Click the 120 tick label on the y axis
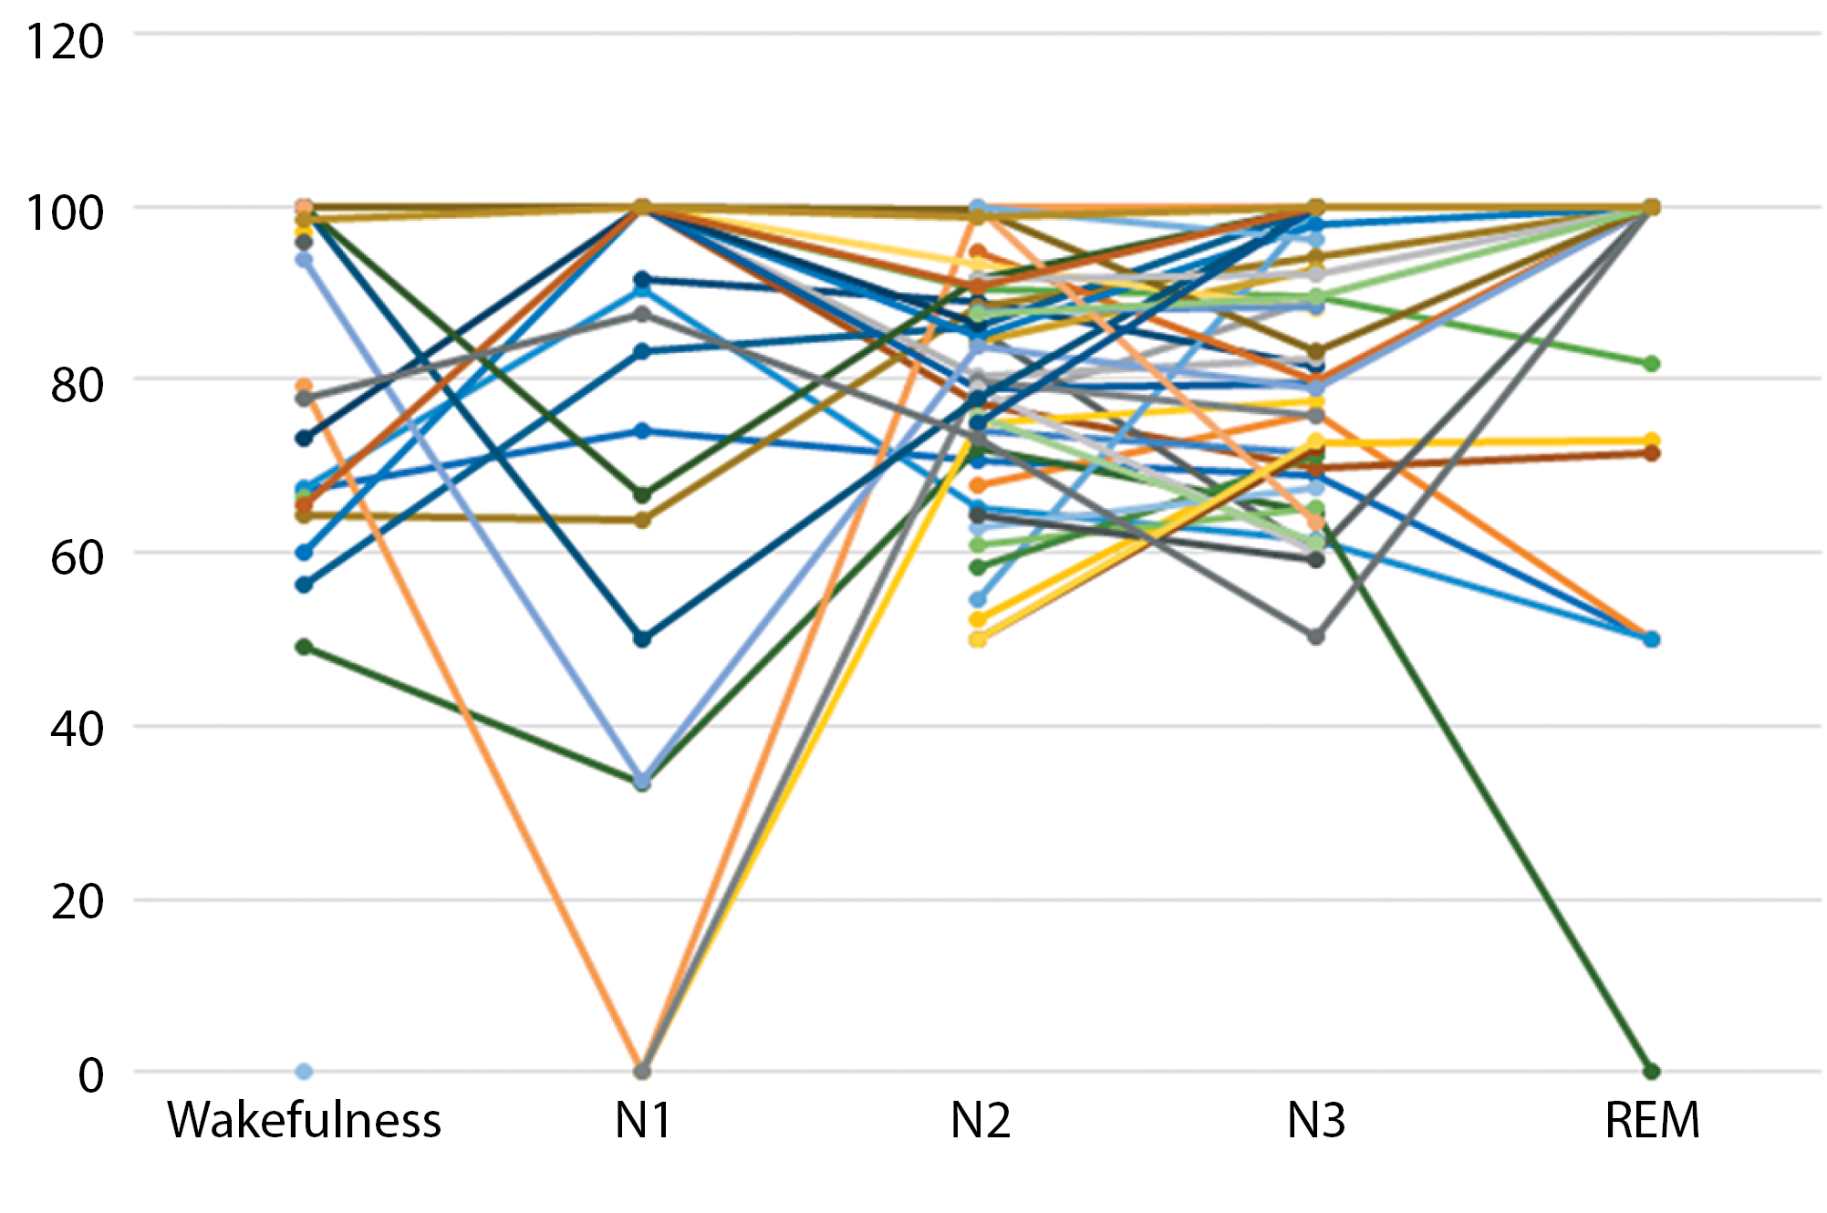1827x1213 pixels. (x=64, y=42)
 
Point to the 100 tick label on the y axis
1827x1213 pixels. (x=64, y=213)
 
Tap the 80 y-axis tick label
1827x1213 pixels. (x=77, y=385)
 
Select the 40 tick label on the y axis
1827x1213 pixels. (x=77, y=730)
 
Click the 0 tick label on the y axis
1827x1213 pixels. (x=90, y=1075)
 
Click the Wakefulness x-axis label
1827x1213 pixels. (x=304, y=1120)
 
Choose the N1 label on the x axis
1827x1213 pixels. (x=643, y=1120)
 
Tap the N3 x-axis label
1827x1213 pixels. (x=1315, y=1120)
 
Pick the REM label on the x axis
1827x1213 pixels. (x=1652, y=1120)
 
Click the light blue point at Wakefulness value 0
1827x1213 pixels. (x=305, y=1072)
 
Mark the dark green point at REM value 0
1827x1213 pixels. (x=1652, y=1072)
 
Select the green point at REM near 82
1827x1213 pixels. (x=1652, y=364)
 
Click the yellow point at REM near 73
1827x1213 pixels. (x=1652, y=441)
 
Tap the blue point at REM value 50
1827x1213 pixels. (x=1652, y=639)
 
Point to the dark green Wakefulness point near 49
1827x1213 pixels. (x=305, y=648)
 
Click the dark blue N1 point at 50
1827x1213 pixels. (x=643, y=639)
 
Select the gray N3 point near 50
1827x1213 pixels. (x=1316, y=637)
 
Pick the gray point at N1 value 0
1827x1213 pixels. (x=643, y=1072)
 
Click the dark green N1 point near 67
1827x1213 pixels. (x=643, y=495)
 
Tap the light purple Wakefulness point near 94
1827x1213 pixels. (x=305, y=260)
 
